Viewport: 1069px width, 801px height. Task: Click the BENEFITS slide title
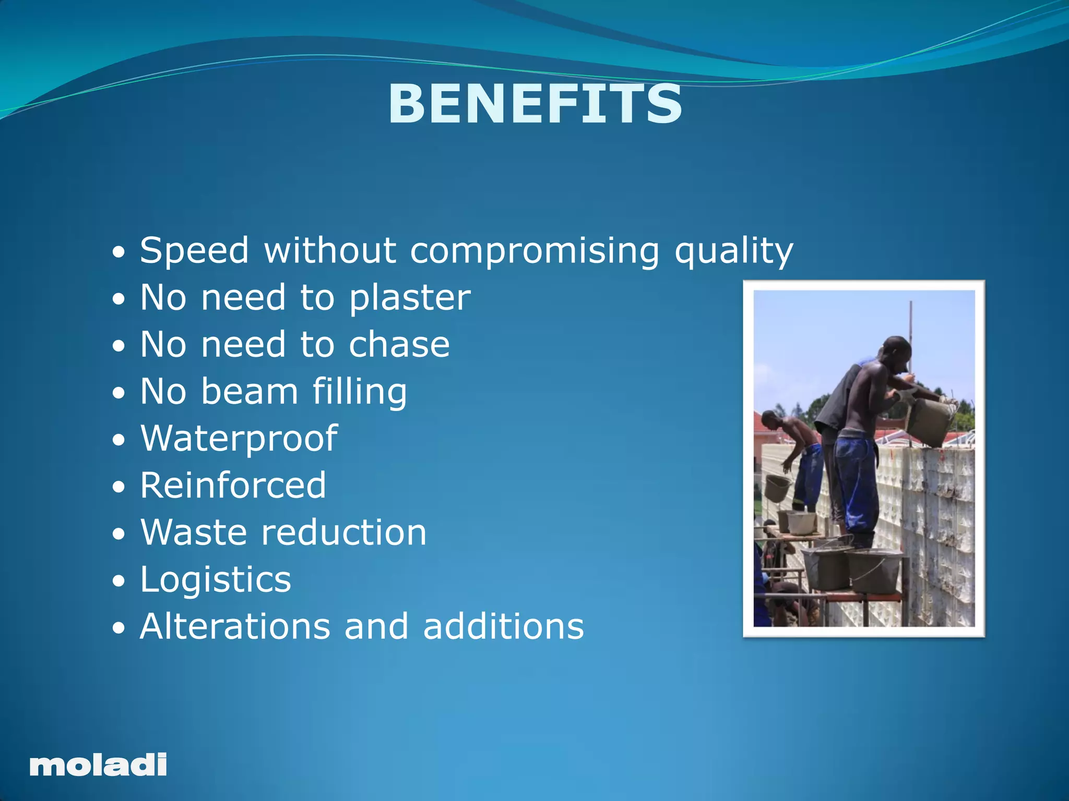[x=535, y=105]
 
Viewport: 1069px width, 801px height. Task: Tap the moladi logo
[x=98, y=765]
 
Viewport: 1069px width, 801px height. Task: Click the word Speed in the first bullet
[x=194, y=251]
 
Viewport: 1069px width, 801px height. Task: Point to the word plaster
[x=410, y=298]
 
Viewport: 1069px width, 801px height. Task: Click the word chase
[x=399, y=345]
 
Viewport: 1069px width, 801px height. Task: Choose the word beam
[x=250, y=392]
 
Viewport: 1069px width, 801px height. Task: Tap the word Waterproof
[x=239, y=439]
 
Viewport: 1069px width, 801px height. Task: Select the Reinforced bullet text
[x=233, y=486]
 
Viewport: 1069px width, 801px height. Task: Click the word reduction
[x=344, y=532]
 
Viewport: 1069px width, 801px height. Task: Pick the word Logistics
[x=216, y=580]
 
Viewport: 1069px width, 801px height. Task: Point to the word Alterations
[x=235, y=626]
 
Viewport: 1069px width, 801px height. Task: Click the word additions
[x=503, y=626]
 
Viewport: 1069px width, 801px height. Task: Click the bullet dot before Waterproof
[x=119, y=440]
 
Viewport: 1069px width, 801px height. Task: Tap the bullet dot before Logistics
[x=119, y=581]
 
